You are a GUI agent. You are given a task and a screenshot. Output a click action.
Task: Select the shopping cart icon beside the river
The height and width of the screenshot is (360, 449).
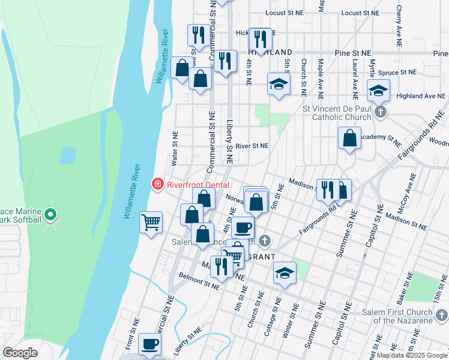click(151, 222)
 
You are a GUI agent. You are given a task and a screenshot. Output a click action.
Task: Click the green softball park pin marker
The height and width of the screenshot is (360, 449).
click(51, 214)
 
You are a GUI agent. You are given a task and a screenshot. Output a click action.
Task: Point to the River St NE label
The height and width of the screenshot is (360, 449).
click(252, 146)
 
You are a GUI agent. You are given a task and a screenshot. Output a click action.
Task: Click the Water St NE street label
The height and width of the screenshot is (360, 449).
click(175, 148)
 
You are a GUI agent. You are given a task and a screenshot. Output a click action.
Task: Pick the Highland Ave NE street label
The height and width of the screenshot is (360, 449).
click(420, 96)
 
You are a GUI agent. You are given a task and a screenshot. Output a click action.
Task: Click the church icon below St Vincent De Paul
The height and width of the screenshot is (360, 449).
click(379, 112)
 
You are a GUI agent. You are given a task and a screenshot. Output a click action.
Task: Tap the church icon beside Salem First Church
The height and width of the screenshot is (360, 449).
click(441, 314)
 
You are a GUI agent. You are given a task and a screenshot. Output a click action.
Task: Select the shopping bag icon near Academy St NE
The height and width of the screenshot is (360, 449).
click(349, 139)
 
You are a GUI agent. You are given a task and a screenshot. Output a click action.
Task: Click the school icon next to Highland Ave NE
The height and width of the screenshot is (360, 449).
click(378, 91)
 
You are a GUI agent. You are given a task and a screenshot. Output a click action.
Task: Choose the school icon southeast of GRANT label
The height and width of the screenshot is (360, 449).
click(285, 274)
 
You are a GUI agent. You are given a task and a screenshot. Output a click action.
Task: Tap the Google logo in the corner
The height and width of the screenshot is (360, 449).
click(20, 353)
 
